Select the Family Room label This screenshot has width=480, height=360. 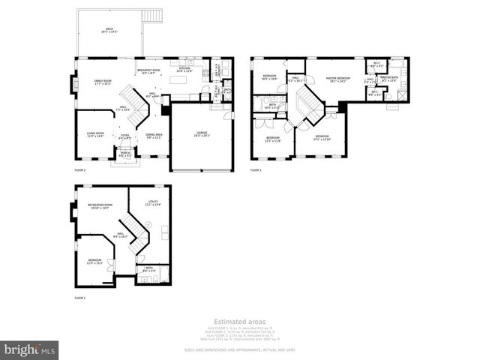click(103, 81)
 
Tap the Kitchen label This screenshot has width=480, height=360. click(184, 70)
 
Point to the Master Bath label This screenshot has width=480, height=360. click(389, 78)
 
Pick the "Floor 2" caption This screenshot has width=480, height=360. click(80, 171)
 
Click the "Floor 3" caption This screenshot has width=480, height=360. click(256, 170)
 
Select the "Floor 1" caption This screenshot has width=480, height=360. click(80, 298)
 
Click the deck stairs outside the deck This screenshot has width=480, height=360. click(154, 16)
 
